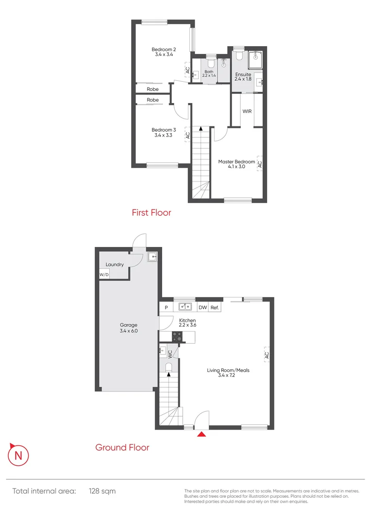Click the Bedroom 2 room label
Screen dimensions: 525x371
tap(163, 52)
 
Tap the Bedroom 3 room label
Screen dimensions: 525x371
tap(163, 132)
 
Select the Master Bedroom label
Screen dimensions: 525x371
tap(236, 164)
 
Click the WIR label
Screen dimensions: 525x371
tap(247, 111)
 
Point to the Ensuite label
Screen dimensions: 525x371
tap(243, 76)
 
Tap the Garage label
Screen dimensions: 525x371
tap(129, 328)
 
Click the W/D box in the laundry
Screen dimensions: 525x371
tap(104, 275)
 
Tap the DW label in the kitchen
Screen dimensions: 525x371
tap(202, 307)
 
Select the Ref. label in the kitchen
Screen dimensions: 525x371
tap(215, 307)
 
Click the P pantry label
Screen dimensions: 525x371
tap(166, 307)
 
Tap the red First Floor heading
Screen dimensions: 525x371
tap(152, 212)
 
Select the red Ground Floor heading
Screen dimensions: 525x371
tap(122, 447)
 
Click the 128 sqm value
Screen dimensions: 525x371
tap(102, 491)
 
